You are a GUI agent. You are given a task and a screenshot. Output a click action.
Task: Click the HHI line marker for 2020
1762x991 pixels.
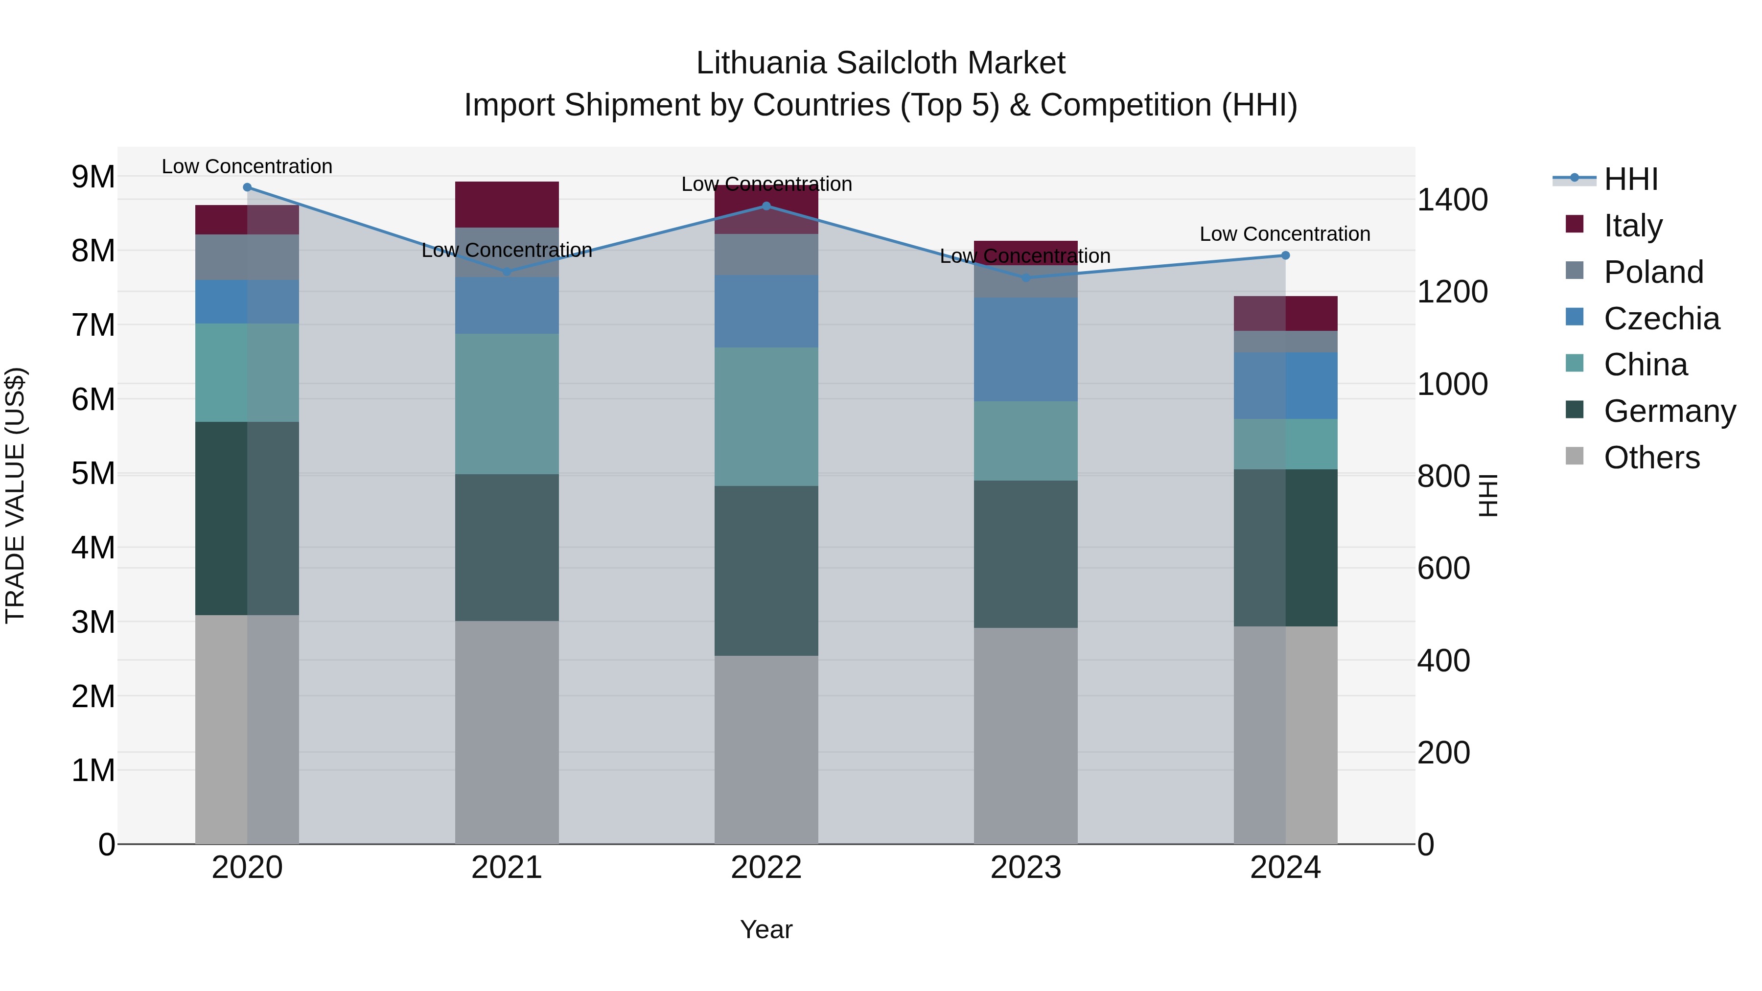pos(248,187)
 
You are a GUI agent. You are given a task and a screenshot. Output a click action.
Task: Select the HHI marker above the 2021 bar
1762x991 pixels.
pos(507,272)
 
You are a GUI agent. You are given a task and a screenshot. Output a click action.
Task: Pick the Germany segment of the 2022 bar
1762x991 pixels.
pos(766,571)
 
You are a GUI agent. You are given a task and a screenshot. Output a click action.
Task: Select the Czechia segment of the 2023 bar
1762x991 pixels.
pos(1025,349)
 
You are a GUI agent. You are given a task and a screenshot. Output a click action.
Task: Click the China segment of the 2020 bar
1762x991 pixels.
pos(247,373)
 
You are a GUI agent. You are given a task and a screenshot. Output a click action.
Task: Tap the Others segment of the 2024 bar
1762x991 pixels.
pos(1285,735)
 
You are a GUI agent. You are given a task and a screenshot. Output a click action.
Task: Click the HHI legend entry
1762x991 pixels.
pos(1631,179)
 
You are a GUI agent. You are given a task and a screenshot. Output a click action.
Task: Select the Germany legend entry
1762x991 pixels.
pos(1669,411)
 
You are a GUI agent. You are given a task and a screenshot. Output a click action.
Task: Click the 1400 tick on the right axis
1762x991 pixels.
pos(1452,200)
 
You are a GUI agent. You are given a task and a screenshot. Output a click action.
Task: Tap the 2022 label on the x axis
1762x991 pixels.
pos(766,868)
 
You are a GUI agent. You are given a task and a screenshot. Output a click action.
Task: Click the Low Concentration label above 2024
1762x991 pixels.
pos(1285,234)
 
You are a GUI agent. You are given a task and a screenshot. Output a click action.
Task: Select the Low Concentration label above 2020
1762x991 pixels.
pos(247,166)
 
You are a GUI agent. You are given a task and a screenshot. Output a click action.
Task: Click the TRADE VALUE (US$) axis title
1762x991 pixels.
pos(15,495)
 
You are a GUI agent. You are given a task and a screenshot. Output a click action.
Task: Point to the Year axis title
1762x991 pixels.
pos(766,929)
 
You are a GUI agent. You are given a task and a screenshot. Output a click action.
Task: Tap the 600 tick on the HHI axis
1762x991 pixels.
pos(1443,568)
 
